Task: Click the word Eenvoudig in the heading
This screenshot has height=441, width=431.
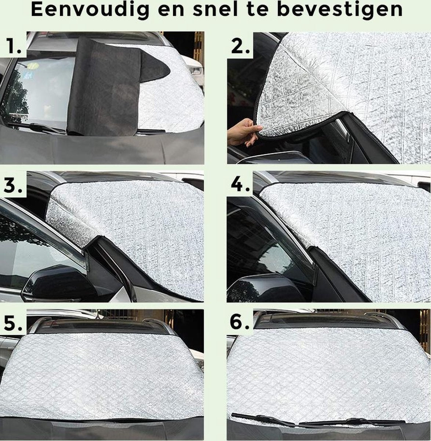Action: coord(88,11)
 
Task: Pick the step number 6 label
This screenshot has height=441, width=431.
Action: coord(240,323)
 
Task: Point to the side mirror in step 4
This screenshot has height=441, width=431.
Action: coord(257,287)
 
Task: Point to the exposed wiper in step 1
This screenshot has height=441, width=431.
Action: coord(40,128)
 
